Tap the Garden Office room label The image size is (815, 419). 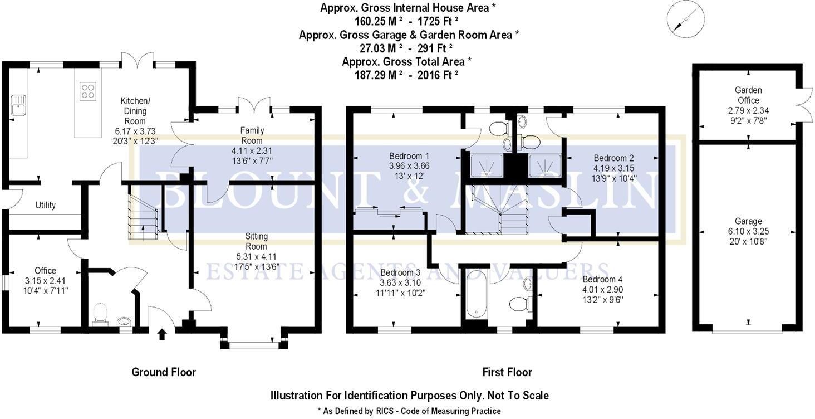click(x=748, y=95)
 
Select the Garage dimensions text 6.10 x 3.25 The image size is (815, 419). click(x=748, y=231)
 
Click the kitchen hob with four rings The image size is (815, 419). click(x=87, y=90)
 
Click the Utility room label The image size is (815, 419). click(x=45, y=205)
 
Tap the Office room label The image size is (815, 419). click(x=45, y=271)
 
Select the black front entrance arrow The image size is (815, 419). click(x=162, y=334)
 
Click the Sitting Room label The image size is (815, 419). click(x=256, y=241)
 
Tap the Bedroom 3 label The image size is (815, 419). click(x=401, y=272)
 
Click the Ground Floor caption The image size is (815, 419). click(x=164, y=372)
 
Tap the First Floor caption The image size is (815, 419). click(x=507, y=372)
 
